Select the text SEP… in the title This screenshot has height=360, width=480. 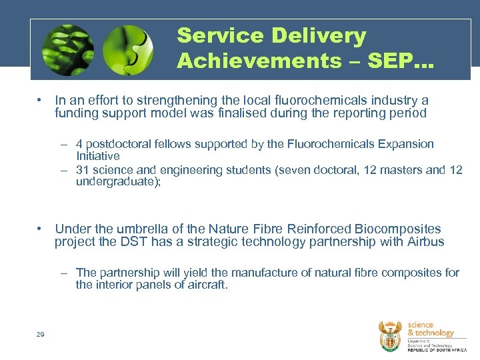[x=405, y=61]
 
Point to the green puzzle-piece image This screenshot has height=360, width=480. [x=129, y=50]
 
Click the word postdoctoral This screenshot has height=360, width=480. [x=119, y=144]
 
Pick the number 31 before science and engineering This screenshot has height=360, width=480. [x=83, y=170]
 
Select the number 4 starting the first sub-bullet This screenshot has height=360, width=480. [x=79, y=144]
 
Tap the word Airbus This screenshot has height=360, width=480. [x=425, y=242]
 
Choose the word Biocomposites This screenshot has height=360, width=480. [x=399, y=229]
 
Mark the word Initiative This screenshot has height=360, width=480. [x=97, y=156]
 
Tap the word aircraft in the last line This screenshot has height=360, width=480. [x=206, y=285]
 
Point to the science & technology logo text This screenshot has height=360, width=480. [x=430, y=329]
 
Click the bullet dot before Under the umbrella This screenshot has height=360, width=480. [x=41, y=229]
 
